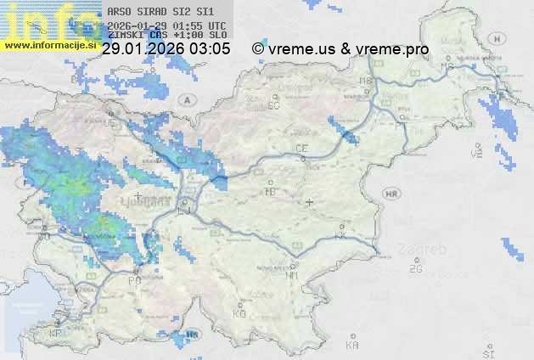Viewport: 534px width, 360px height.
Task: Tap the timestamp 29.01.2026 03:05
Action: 166,49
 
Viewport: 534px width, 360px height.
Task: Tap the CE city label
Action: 301,149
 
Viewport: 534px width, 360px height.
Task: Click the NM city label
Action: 292,275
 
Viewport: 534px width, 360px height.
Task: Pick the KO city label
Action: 239,313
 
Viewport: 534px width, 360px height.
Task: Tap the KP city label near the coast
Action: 56,334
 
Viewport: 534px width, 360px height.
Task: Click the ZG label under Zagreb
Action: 415,269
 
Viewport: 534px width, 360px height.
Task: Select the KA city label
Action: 352,345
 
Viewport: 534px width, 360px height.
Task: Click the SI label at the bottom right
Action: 487,351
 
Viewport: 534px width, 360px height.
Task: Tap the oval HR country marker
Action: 391,194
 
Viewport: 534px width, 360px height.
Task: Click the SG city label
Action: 273,105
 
